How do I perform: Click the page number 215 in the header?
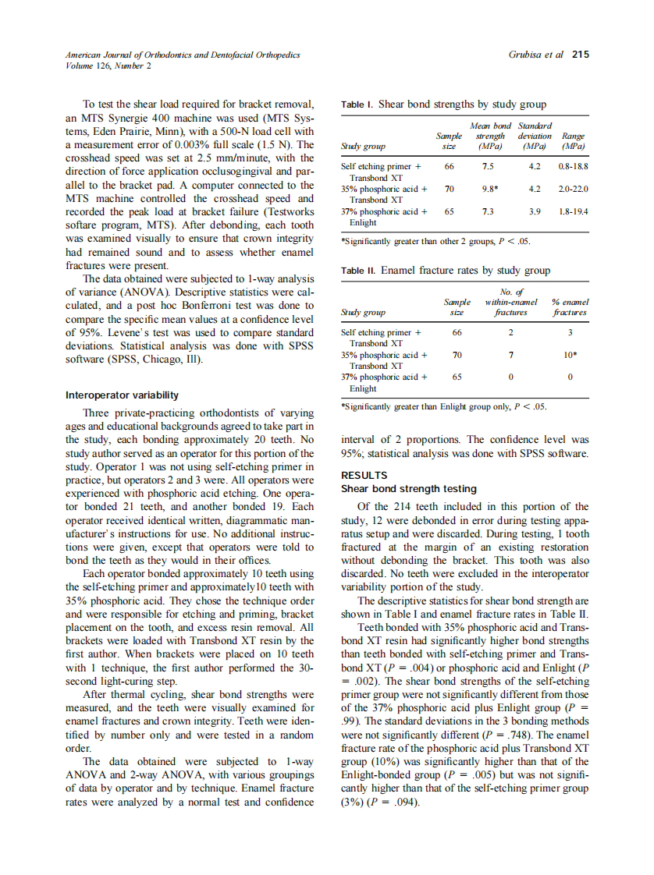580,55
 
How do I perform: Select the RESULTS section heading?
364,475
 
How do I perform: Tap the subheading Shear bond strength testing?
409,489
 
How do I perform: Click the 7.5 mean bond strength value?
489,166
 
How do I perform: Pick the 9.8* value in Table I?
490,189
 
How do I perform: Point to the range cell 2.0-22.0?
574,189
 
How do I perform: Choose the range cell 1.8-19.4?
574,211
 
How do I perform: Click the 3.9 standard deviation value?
535,211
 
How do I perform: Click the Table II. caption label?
360,271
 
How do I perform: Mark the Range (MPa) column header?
574,141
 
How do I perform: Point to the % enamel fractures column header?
570,307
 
